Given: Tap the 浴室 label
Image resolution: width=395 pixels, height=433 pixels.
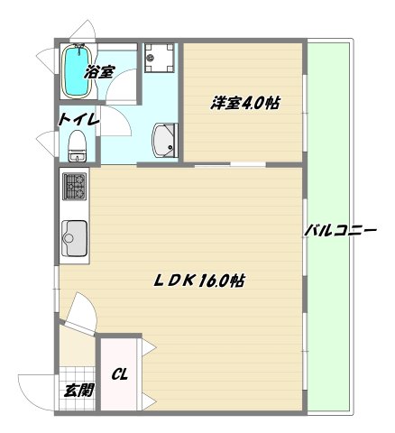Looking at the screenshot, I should (x=99, y=72).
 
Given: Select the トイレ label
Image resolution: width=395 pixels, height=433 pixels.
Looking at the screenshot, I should (x=78, y=119).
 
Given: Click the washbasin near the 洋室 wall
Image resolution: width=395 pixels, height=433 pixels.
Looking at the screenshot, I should (x=165, y=140).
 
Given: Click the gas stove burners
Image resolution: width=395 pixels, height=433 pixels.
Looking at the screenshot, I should (x=73, y=188).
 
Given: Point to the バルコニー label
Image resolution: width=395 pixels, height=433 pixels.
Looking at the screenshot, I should (x=339, y=232).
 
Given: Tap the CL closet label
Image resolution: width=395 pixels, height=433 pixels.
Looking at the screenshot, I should (x=118, y=373).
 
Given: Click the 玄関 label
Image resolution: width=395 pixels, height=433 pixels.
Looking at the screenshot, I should (x=78, y=391).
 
